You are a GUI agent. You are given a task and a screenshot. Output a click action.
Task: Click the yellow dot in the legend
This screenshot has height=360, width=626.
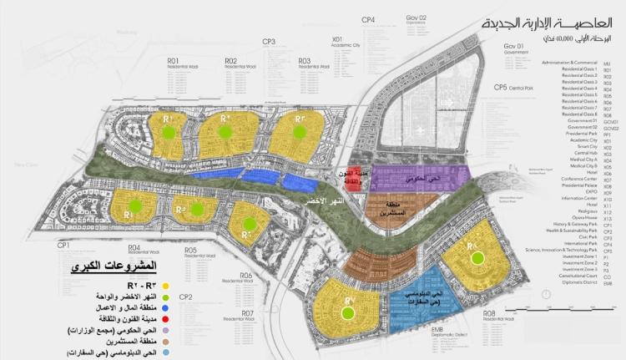pos(167,286)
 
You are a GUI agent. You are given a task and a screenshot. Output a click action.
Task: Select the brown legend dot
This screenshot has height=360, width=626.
pos(167,342)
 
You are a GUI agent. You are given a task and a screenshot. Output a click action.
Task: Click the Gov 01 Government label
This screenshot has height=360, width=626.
pos(514,48)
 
